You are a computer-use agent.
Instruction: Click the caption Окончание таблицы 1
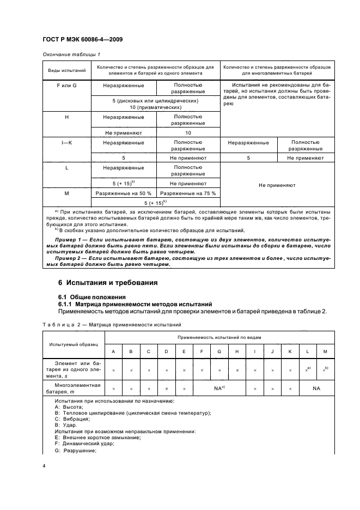(71, 54)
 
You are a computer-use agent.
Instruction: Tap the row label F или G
(66, 86)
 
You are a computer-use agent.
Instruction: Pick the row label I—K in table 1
(66, 143)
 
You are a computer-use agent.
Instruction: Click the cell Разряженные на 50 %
(124, 193)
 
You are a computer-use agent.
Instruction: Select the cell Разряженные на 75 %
(188, 193)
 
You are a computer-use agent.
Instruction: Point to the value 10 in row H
(188, 132)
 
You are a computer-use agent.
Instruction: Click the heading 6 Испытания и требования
(108, 283)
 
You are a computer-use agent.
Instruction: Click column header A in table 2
(113, 351)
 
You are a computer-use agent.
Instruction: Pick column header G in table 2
(219, 351)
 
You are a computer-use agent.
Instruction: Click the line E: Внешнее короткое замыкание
(98, 437)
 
